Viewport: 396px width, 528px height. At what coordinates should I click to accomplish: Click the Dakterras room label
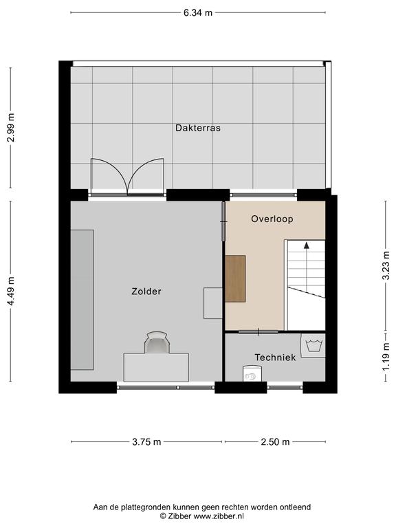(x=198, y=128)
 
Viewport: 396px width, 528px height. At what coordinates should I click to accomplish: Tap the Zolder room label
(x=146, y=291)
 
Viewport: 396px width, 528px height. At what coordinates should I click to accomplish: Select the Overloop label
(x=272, y=219)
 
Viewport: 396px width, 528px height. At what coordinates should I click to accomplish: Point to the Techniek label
(x=275, y=357)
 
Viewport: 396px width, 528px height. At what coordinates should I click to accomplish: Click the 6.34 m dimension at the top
(x=198, y=13)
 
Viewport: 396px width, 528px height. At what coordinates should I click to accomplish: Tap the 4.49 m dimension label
(x=11, y=291)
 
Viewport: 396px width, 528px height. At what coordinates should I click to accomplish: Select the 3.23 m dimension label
(x=386, y=265)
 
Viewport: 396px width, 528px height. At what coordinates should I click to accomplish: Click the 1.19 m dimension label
(x=386, y=357)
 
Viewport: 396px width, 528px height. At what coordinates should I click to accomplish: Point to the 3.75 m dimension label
(x=146, y=442)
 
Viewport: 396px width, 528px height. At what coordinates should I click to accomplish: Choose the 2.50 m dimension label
(x=275, y=442)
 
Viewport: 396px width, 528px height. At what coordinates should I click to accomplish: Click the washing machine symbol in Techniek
(x=313, y=346)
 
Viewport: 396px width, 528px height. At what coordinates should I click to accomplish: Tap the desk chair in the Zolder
(x=156, y=342)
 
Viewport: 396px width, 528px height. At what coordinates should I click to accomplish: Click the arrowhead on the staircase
(x=307, y=245)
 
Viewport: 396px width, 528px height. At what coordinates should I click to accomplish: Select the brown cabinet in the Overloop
(x=235, y=279)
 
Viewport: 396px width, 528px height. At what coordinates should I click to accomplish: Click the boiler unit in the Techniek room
(x=252, y=373)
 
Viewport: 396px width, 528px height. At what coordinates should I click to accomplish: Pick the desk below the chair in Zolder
(x=156, y=367)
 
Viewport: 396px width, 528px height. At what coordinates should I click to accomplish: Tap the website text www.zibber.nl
(x=219, y=516)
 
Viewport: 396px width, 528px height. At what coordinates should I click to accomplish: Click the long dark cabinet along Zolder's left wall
(x=82, y=300)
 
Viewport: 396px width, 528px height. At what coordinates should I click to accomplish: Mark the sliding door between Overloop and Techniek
(x=258, y=332)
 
